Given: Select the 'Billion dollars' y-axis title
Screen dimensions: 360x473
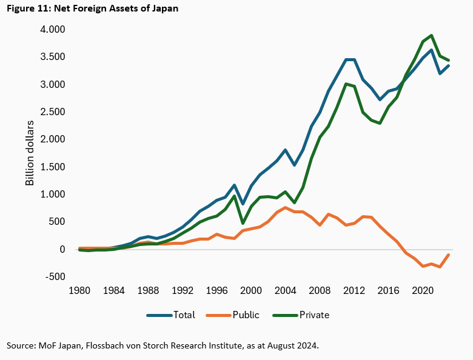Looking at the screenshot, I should (x=30, y=153).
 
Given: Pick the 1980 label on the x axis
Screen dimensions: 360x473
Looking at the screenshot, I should (x=79, y=291).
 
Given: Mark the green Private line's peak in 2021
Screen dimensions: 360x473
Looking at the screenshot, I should (x=431, y=35).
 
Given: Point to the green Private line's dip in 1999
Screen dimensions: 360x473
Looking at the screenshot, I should (x=243, y=223).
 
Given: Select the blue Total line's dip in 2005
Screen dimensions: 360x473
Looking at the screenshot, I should (x=294, y=165).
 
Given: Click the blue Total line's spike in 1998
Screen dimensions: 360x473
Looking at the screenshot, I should (x=235, y=185).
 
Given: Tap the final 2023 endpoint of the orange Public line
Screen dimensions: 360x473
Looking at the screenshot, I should (x=448, y=255).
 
